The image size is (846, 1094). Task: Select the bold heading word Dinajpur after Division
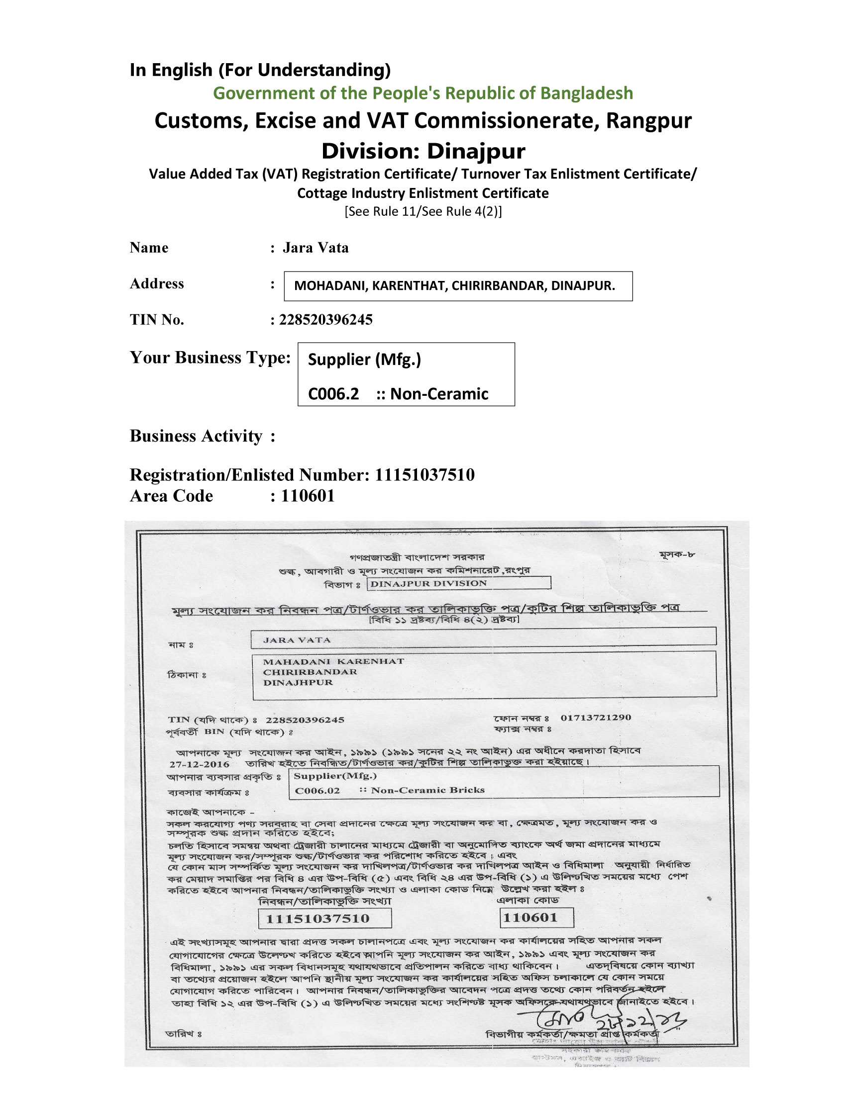[x=476, y=151]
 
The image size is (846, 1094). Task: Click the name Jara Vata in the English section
[x=315, y=248]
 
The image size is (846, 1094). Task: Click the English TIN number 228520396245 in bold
[x=326, y=320]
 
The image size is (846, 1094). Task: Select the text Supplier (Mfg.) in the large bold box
[x=364, y=359]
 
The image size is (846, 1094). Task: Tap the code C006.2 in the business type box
[x=333, y=394]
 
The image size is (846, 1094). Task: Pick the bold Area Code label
[x=171, y=496]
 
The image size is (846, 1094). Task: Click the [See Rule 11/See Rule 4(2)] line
[x=423, y=211]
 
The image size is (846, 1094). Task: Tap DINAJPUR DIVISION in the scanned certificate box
[x=428, y=584]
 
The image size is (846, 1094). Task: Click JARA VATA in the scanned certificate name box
[x=297, y=640]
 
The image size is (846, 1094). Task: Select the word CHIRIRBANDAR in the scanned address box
[x=310, y=672]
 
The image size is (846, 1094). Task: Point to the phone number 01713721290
[x=595, y=717]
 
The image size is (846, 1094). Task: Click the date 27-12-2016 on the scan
[x=199, y=764]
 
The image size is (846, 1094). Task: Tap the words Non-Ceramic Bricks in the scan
[x=427, y=790]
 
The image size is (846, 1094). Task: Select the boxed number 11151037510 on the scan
[x=317, y=918]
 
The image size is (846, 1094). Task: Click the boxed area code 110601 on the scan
[x=530, y=917]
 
